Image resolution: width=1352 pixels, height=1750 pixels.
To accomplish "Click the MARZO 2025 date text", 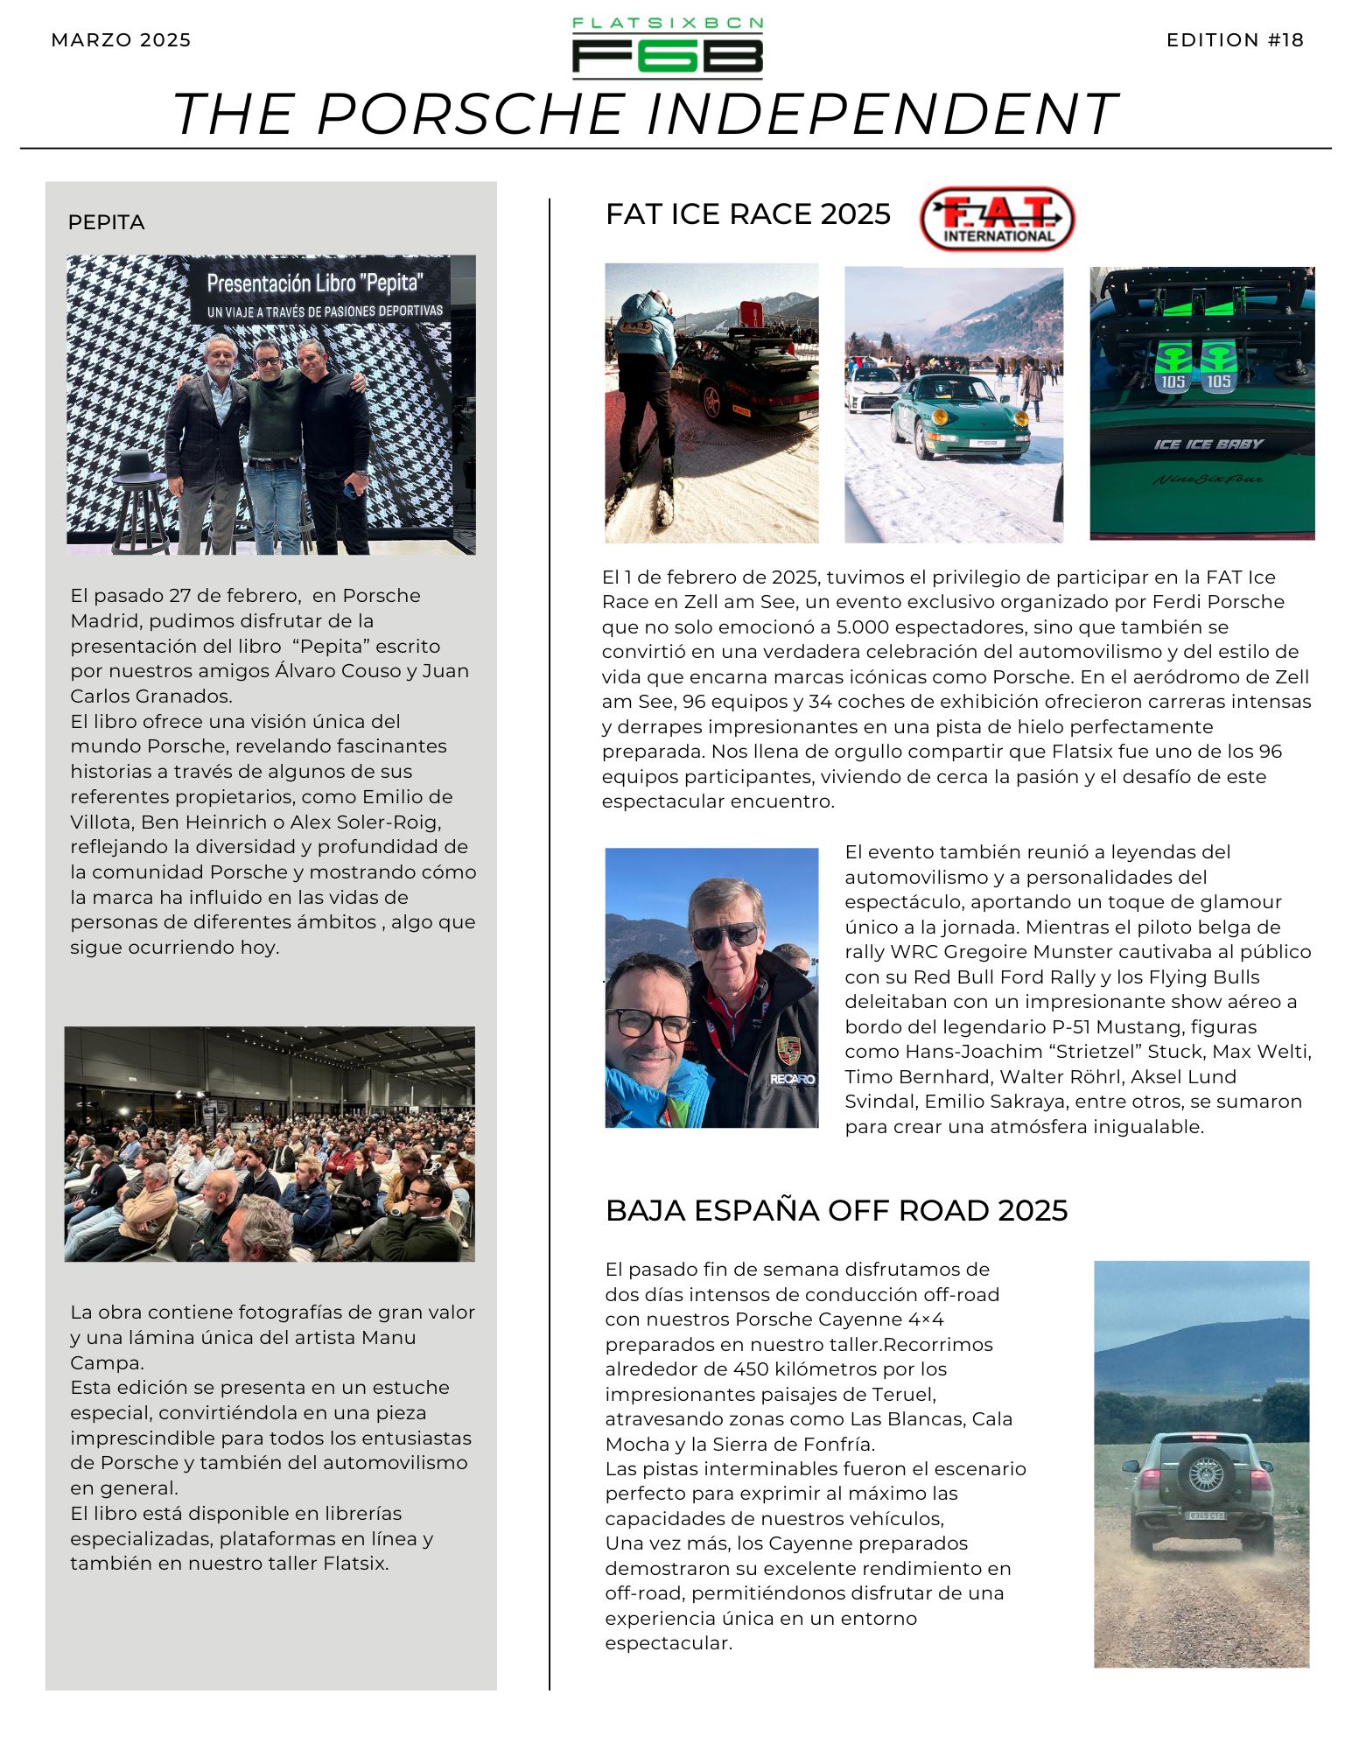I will point(121,40).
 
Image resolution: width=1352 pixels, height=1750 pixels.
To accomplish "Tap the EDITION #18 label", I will point(1235,40).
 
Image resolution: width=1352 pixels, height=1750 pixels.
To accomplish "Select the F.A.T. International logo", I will point(997,219).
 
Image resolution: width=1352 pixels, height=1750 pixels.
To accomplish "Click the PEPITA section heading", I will point(106,222).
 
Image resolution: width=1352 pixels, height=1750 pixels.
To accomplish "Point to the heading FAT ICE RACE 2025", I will point(747,214).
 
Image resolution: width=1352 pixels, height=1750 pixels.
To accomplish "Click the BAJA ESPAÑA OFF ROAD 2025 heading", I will point(836,1210).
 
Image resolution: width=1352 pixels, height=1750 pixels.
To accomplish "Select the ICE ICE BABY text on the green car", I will point(1208,444).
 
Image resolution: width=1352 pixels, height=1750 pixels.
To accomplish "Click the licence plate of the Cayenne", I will point(1205,1515).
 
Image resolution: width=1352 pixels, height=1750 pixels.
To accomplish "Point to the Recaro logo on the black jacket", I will point(792,1079).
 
